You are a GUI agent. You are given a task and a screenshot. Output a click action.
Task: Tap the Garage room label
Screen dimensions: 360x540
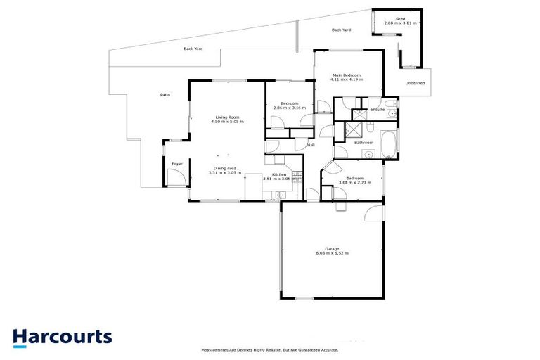pos(332,248)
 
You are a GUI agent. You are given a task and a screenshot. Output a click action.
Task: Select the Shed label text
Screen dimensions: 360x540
pos(400,19)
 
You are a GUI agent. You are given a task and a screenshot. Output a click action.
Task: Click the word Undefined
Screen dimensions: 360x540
pos(415,84)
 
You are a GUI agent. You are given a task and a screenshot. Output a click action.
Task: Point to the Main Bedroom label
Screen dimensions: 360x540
pos(347,75)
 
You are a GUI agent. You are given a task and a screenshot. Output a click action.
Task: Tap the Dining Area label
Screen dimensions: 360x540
pos(225,168)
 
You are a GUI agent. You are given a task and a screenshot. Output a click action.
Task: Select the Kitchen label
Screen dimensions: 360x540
pos(279,174)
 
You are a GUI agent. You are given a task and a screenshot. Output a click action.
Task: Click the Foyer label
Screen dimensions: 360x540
pos(177,164)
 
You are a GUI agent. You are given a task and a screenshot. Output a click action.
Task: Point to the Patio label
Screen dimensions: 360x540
pos(165,94)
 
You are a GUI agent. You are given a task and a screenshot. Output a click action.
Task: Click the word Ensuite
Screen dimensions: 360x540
pos(377,110)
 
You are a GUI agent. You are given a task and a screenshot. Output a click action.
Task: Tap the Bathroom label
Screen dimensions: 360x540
pos(364,143)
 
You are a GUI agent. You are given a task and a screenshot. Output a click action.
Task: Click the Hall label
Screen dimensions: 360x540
pos(311,146)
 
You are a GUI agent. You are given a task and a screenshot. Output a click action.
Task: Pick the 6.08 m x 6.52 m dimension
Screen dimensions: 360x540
pos(332,253)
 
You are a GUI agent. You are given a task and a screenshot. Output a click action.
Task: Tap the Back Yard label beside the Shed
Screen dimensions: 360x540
pos(341,30)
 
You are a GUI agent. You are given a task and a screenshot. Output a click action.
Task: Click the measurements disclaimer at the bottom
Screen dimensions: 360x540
pos(270,349)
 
